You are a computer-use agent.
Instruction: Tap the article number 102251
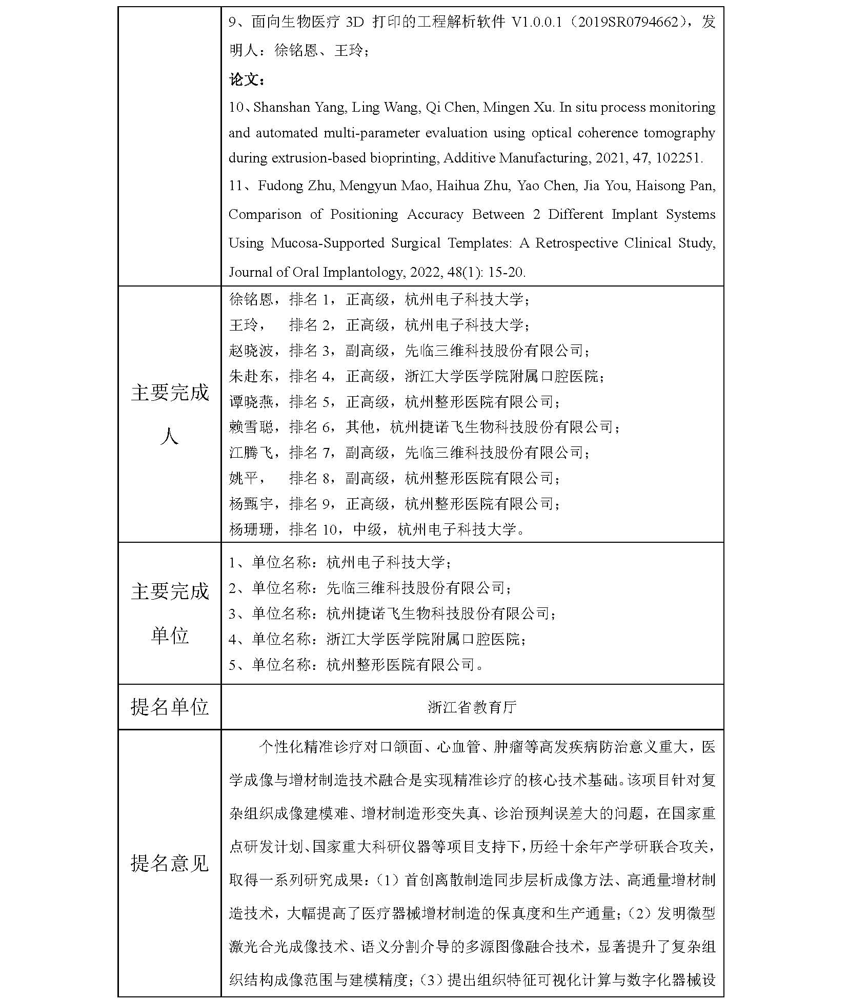677,158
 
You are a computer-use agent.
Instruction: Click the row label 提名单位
169,707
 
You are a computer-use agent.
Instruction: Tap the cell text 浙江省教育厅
472,707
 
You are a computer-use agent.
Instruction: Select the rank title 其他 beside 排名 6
360,427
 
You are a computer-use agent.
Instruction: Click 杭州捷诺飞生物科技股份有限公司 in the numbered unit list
438,614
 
